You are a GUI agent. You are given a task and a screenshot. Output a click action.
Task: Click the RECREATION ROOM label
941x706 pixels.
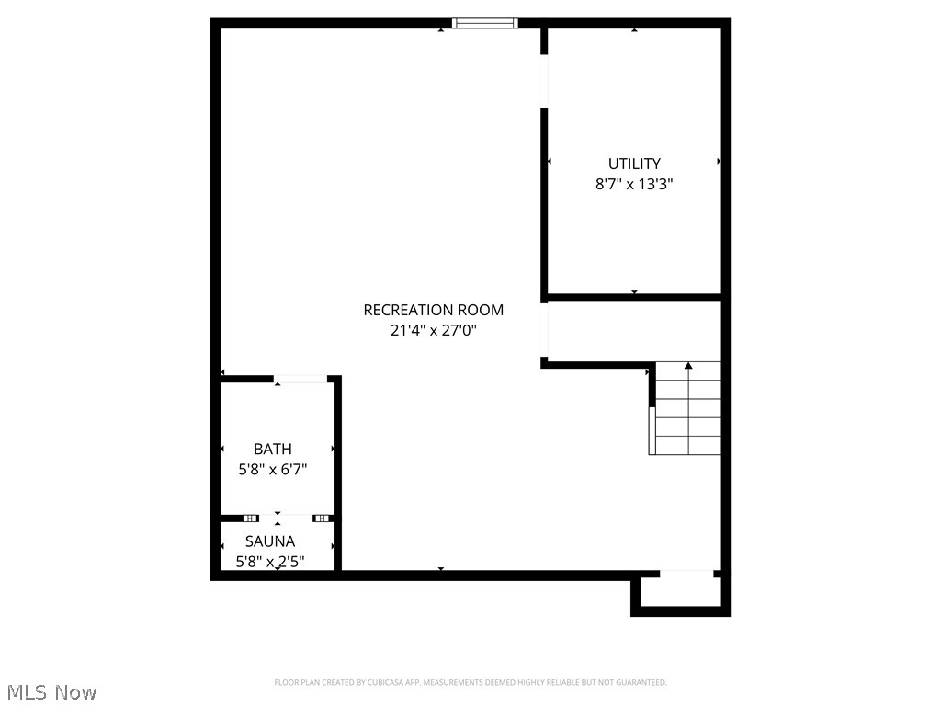(x=433, y=311)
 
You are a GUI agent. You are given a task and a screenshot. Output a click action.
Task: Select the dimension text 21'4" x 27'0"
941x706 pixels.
(x=433, y=330)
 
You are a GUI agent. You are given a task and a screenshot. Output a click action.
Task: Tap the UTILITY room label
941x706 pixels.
(x=634, y=165)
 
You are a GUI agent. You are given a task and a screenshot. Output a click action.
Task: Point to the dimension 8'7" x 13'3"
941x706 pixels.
(x=634, y=184)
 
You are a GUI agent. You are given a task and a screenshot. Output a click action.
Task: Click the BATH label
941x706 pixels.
(x=273, y=450)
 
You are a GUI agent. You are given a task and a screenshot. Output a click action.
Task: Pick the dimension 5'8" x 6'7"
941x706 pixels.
(x=273, y=469)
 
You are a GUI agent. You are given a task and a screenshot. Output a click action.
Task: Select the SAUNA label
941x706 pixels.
(x=270, y=542)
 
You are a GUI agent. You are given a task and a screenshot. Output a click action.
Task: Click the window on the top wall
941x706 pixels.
(x=485, y=23)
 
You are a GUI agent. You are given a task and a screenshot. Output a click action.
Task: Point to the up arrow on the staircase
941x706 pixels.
(x=688, y=367)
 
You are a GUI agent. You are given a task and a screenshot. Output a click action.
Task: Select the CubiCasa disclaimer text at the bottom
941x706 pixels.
(x=470, y=683)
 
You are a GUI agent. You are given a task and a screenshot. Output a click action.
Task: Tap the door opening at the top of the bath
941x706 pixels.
(x=300, y=378)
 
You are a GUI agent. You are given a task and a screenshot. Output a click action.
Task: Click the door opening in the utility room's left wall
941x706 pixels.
(x=544, y=82)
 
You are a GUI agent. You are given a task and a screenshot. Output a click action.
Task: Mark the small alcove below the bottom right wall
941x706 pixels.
(x=680, y=592)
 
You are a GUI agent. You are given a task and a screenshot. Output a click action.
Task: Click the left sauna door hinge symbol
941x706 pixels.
(x=251, y=518)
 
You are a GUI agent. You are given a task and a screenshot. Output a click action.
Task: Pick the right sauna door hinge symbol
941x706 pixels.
(x=321, y=518)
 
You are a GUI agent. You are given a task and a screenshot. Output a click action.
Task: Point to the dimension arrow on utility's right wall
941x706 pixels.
(x=718, y=161)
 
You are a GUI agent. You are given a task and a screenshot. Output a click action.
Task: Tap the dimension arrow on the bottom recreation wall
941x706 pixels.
(x=441, y=570)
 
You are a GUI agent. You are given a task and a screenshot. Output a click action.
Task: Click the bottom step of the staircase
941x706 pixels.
(x=686, y=445)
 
